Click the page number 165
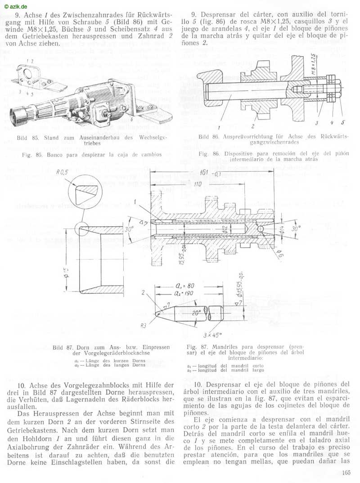click(346, 472)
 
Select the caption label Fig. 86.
click(208, 154)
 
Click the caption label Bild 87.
click(62, 348)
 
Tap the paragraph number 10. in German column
click(23, 385)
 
